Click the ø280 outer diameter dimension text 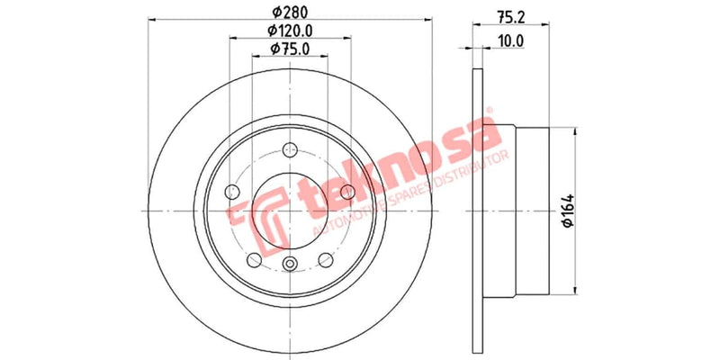tap(288, 13)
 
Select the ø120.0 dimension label tap(289, 31)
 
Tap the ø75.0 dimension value tap(289, 51)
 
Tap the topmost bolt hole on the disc tap(289, 151)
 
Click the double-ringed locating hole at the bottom tap(289, 263)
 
